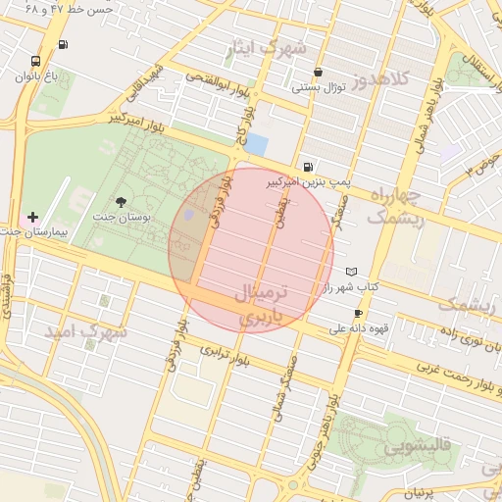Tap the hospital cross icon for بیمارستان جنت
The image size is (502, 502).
(x=33, y=217)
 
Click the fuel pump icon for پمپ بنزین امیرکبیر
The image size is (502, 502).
(x=310, y=168)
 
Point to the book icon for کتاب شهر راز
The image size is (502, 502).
(x=351, y=272)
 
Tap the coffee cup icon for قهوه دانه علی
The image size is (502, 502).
(x=358, y=314)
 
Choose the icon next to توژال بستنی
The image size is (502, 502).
(x=319, y=73)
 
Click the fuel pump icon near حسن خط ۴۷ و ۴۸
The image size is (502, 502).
(x=64, y=44)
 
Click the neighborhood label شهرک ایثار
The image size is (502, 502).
(x=267, y=47)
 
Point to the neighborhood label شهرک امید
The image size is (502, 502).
(x=85, y=331)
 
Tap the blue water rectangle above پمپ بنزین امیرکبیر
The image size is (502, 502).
(x=256, y=144)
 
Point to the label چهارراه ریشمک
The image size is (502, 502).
(x=396, y=207)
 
